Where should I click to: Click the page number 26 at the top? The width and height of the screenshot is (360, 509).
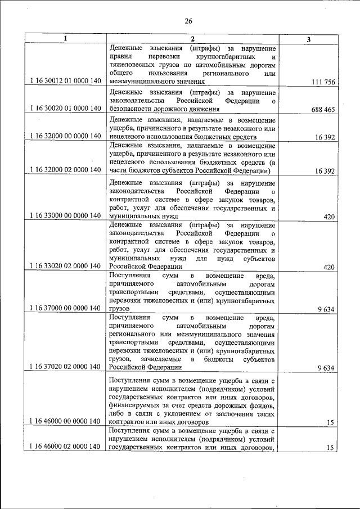(x=188, y=21)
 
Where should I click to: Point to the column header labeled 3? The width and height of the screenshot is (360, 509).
(x=309, y=39)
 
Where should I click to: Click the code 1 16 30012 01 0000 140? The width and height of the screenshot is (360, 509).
(x=65, y=81)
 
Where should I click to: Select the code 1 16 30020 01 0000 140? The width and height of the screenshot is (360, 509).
(x=65, y=108)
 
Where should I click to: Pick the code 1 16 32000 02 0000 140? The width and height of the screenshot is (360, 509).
(x=65, y=170)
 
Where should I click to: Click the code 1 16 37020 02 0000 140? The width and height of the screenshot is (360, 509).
(x=65, y=367)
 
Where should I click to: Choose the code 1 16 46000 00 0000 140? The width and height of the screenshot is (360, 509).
(x=65, y=421)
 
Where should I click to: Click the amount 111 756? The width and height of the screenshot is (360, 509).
(x=323, y=82)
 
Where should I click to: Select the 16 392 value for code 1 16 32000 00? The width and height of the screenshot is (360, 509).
(x=325, y=137)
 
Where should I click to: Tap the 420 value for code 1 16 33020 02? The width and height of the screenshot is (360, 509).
(x=330, y=267)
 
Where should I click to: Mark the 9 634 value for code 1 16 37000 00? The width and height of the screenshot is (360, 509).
(x=326, y=309)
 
